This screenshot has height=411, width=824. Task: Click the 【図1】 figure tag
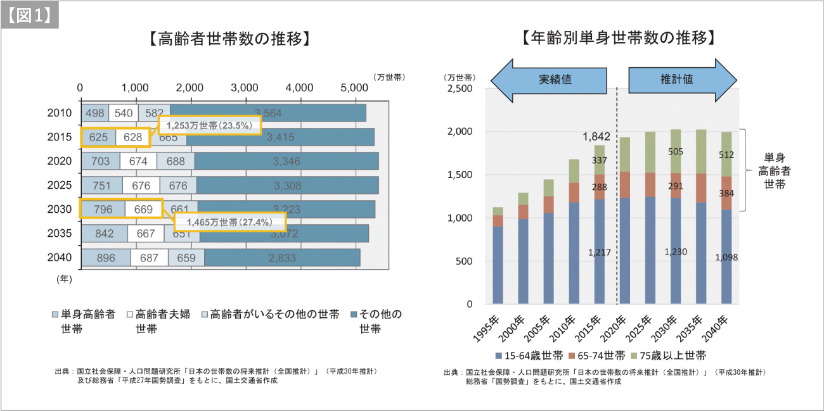tap(30, 15)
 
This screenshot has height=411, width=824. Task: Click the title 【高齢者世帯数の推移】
tap(229, 39)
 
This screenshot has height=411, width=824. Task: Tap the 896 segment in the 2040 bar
tap(106, 258)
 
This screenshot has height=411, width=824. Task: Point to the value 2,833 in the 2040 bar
tap(282, 258)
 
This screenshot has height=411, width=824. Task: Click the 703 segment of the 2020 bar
tap(100, 161)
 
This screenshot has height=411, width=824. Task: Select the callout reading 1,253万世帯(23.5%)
tap(209, 125)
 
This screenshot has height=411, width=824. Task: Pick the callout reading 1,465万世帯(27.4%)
tap(229, 222)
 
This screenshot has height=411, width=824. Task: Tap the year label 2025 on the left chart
tap(60, 186)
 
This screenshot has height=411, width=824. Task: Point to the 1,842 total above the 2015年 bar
tap(596, 137)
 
